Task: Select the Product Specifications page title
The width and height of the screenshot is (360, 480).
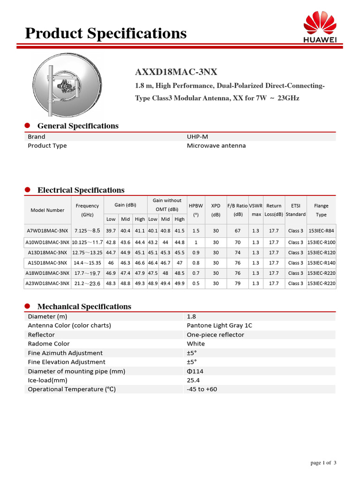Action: (105, 33)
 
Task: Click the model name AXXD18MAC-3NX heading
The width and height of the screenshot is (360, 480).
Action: (176, 72)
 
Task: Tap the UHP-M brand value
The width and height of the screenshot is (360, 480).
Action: (197, 137)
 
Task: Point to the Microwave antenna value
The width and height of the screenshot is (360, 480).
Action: (216, 146)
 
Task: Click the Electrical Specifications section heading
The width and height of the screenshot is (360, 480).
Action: (81, 190)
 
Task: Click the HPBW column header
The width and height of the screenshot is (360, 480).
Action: (196, 210)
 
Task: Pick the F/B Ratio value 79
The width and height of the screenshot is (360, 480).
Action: (238, 284)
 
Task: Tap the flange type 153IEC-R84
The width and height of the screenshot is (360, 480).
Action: (321, 231)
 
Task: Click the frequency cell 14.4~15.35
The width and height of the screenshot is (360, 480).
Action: (87, 263)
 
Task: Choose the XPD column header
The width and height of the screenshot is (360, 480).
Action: (216, 210)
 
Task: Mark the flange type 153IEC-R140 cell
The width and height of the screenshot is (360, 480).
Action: (321, 263)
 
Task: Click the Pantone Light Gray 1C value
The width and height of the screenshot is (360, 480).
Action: (219, 325)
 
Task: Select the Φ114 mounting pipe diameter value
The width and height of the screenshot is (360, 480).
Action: (195, 371)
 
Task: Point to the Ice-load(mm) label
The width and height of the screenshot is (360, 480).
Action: (47, 380)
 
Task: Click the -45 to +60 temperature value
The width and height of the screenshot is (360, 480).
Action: (202, 390)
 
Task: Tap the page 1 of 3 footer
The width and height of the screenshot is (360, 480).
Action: (323, 463)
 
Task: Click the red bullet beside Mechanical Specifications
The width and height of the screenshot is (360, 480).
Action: (28, 306)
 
